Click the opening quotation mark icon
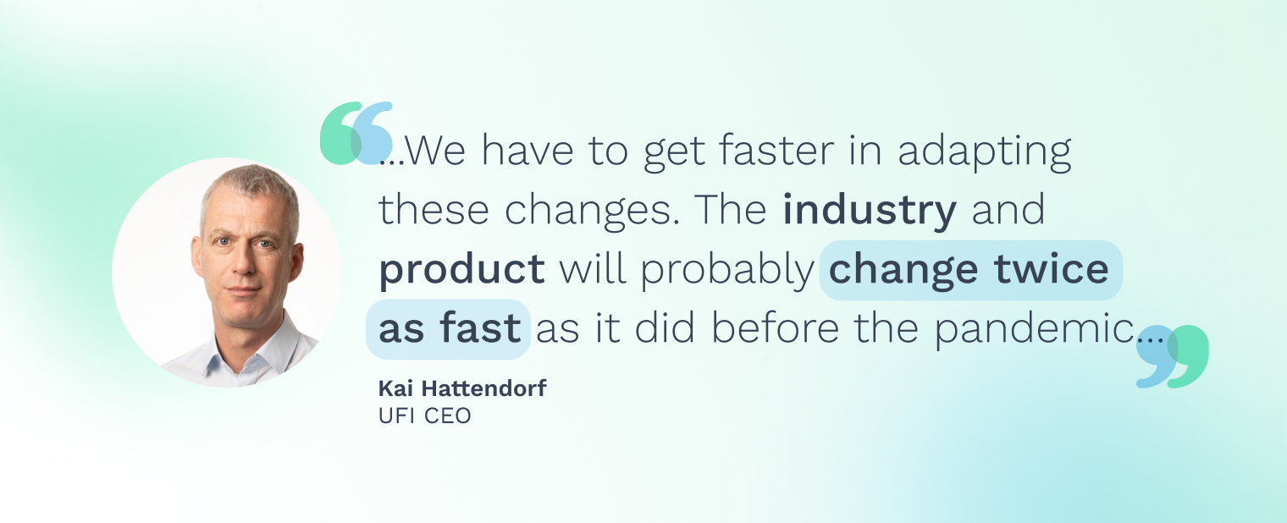[x=356, y=133]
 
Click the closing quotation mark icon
[x=1173, y=356]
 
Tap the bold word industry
[x=870, y=210]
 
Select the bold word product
[x=461, y=269]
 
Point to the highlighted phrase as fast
[x=449, y=329]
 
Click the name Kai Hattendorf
[x=462, y=388]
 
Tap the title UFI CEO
[x=424, y=416]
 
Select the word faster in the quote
[x=776, y=151]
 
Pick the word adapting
[x=984, y=152]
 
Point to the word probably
[x=726, y=271]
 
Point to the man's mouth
[x=243, y=290]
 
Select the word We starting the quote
[x=435, y=151]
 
